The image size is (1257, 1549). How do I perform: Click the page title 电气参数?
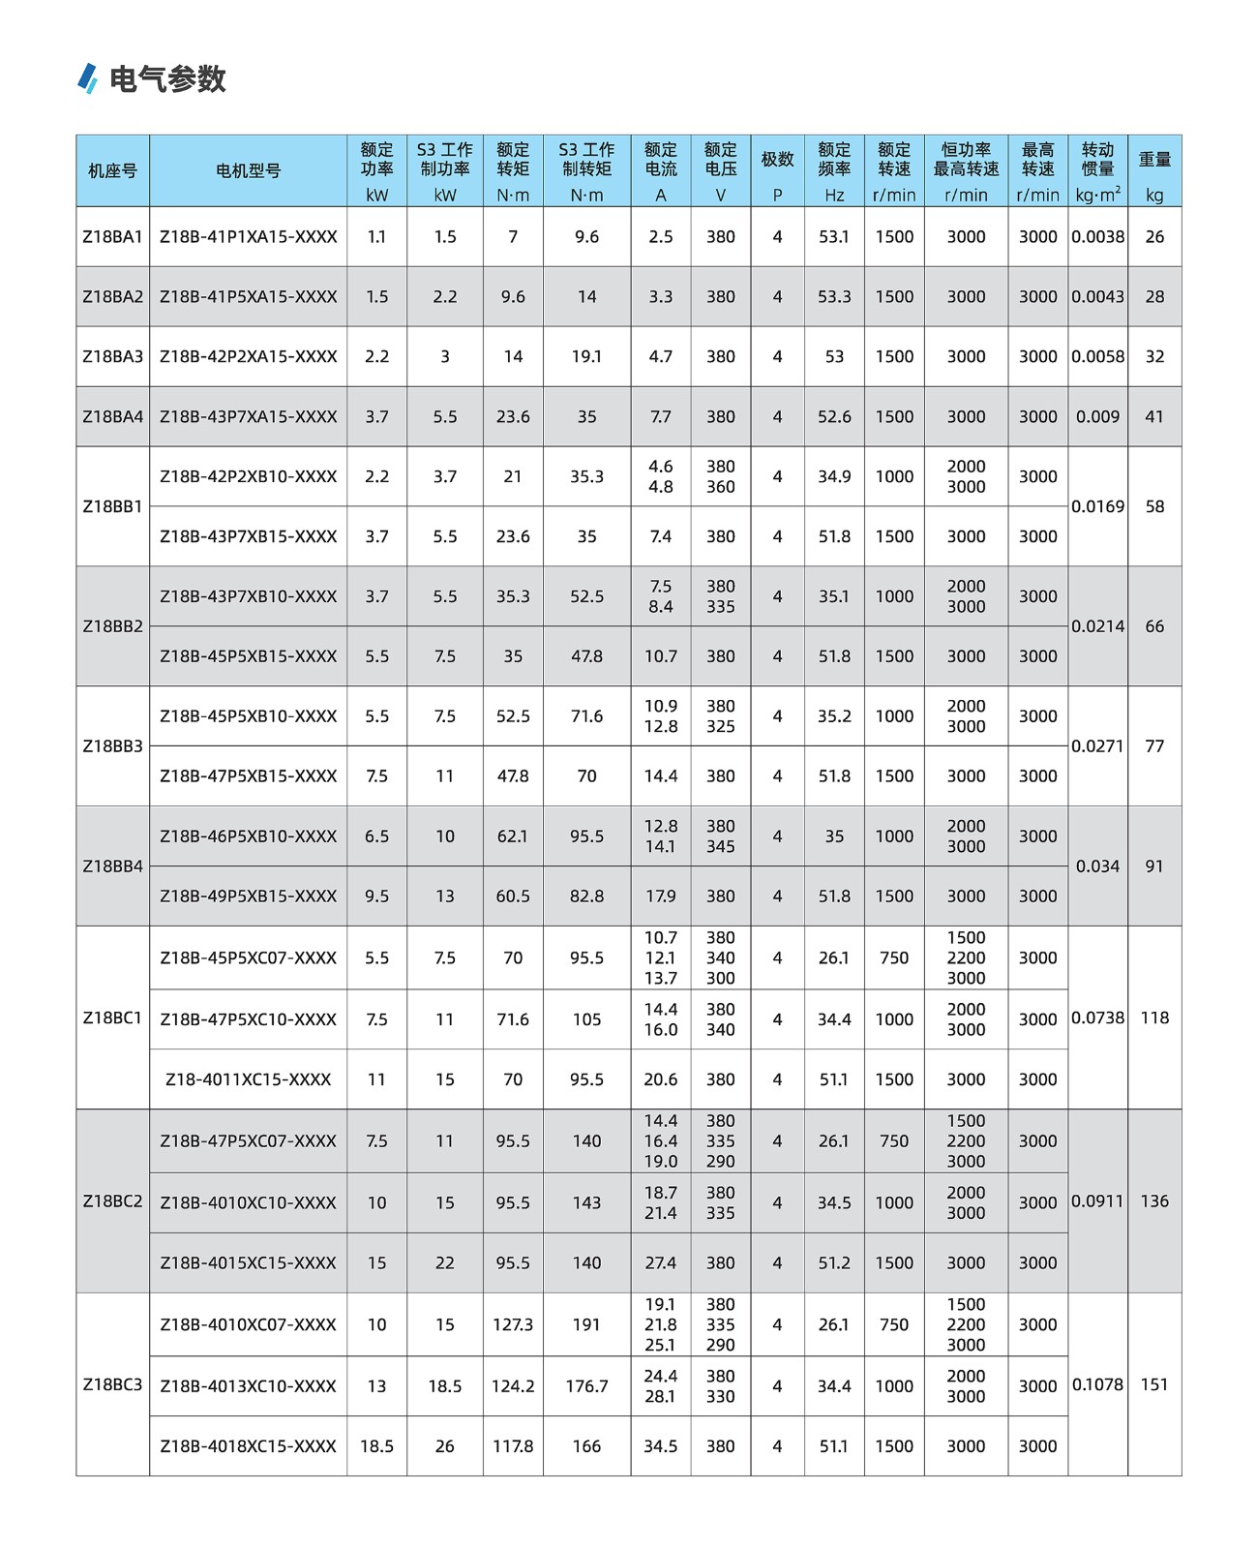point(167,78)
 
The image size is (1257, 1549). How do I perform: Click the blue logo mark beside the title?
point(88,78)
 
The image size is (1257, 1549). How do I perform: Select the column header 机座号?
point(112,170)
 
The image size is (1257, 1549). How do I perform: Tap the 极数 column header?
point(777,160)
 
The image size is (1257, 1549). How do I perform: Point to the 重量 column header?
point(1154,160)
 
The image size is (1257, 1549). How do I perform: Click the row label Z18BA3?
point(112,356)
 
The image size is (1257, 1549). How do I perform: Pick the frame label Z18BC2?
point(112,1201)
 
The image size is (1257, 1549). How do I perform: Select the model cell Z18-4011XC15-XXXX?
point(249,1079)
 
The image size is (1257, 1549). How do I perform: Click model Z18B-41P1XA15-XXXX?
point(249,236)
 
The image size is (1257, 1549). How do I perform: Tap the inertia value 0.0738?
point(1097,1017)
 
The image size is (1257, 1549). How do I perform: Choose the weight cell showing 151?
point(1154,1384)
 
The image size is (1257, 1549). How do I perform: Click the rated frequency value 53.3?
point(834,296)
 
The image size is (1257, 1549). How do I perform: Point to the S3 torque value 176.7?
point(586,1386)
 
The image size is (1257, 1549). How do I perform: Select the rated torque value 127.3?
point(513,1324)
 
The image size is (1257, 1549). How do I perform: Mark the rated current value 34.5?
point(661,1446)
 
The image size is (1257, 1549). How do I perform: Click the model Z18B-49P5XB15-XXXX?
point(249,896)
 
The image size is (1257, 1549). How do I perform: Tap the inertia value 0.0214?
point(1097,626)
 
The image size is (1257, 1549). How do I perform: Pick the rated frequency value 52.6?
point(834,416)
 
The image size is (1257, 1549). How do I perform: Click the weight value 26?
point(1154,236)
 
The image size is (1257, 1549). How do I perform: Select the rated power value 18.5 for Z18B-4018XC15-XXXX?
point(376,1446)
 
